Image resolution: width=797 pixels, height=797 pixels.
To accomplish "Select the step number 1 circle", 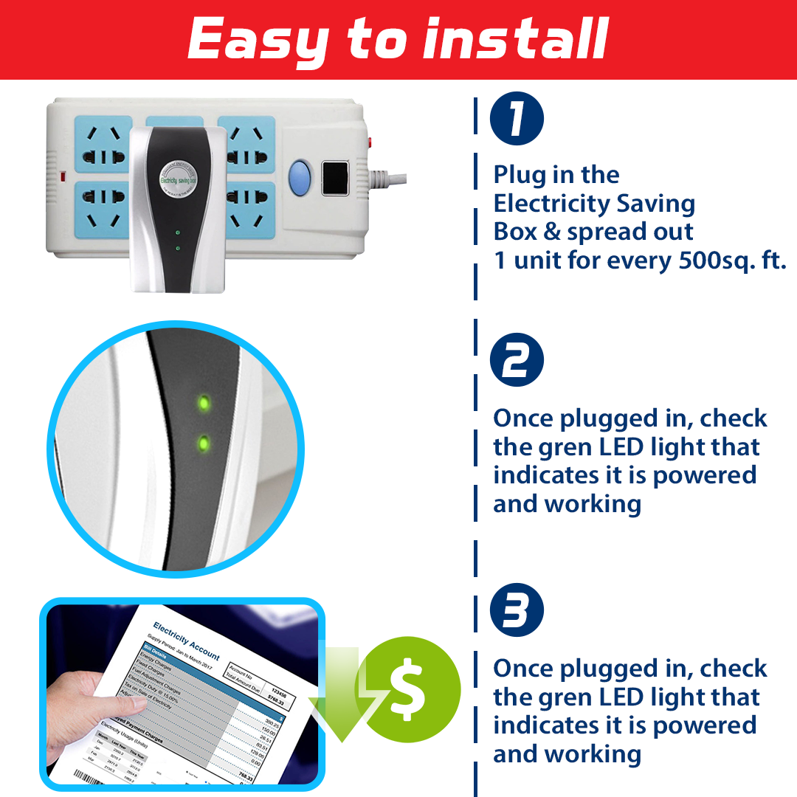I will pyautogui.click(x=517, y=119).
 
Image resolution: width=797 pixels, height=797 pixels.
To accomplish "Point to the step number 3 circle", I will pyautogui.click(x=517, y=611).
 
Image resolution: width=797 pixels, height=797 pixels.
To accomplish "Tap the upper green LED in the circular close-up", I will pyautogui.click(x=204, y=404).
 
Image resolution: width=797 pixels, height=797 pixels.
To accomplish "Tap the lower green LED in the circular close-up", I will pyautogui.click(x=204, y=444).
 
